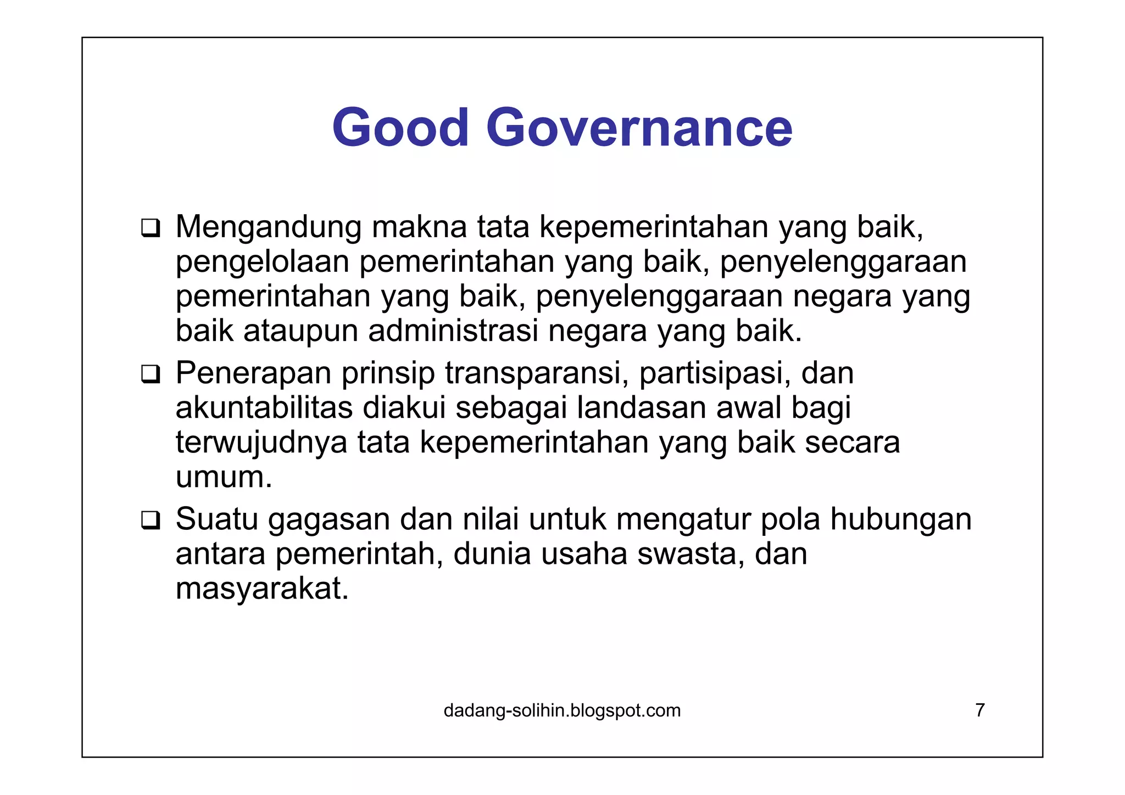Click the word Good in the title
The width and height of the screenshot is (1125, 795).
(400, 128)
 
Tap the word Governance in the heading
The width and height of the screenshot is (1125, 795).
(639, 128)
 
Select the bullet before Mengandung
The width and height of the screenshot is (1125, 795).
(150, 228)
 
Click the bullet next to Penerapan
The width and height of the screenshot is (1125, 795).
(150, 374)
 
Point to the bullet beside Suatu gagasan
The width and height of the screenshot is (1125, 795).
(150, 520)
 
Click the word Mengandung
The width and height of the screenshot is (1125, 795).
(268, 227)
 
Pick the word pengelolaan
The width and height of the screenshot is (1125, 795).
(262, 262)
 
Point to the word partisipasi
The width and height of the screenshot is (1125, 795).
(715, 373)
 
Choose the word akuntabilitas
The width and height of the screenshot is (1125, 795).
(264, 408)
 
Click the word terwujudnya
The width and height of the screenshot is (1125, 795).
(261, 443)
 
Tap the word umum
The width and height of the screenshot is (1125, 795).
(223, 478)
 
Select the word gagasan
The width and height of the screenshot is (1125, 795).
(329, 520)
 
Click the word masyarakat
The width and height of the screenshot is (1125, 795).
(262, 589)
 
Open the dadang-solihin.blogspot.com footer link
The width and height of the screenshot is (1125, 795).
(562, 710)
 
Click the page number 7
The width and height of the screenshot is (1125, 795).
(979, 710)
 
